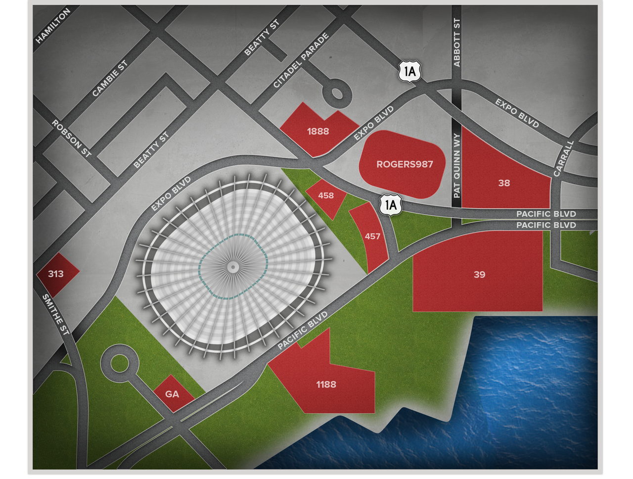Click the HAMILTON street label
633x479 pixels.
tap(53, 26)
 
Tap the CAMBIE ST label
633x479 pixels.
tap(110, 78)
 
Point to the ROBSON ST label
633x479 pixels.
tap(72, 139)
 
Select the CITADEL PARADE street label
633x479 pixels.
tap(301, 60)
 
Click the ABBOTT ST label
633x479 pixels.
tap(456, 43)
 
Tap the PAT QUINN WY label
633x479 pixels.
tap(456, 165)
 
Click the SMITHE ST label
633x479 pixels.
tap(55, 315)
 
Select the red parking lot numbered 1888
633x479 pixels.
tap(318, 131)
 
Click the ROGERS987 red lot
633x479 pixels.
tap(405, 164)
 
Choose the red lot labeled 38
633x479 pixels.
tap(504, 183)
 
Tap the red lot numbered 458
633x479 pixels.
tap(326, 195)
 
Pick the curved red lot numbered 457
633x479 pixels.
tap(372, 237)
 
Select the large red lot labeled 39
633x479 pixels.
tap(479, 274)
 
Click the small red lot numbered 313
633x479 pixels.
tap(56, 274)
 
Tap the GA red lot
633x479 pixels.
tap(172, 394)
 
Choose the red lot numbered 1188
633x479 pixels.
tap(326, 384)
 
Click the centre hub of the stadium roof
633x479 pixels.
tap(233, 267)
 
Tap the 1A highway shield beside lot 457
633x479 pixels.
tap(391, 204)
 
